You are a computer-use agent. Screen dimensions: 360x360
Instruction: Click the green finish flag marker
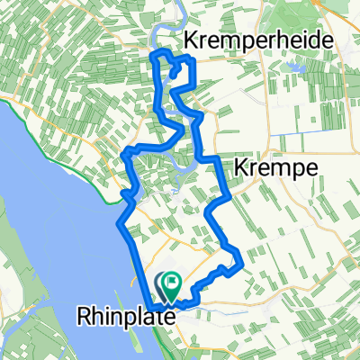point(170,284)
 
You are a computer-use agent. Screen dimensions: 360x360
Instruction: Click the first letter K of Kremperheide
point(191,40)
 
